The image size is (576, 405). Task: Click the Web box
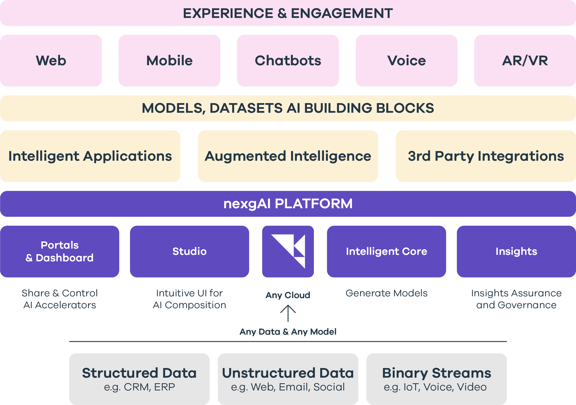(x=51, y=61)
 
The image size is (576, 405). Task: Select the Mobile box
(x=169, y=61)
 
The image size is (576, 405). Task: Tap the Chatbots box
(x=288, y=61)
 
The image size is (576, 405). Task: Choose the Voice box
(x=406, y=61)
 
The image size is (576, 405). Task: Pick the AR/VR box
(x=525, y=61)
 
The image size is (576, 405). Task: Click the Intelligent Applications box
(x=90, y=156)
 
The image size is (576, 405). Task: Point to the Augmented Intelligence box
(x=288, y=156)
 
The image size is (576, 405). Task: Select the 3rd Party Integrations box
(x=486, y=156)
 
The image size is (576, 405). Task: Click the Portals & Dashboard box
(x=60, y=251)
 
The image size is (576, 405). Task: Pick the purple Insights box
(x=516, y=251)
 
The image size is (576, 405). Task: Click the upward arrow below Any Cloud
(x=288, y=313)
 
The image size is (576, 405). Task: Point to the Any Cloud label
(x=288, y=295)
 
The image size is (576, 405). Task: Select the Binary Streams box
(x=436, y=379)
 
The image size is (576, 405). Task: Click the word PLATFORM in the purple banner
(x=314, y=204)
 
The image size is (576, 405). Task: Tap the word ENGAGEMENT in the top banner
(x=342, y=13)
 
